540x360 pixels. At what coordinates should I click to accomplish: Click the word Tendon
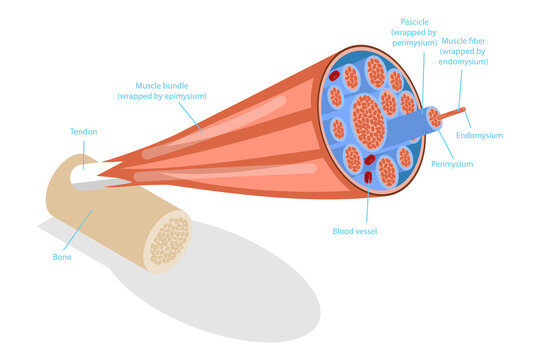(x=83, y=131)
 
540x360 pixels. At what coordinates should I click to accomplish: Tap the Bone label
(x=62, y=256)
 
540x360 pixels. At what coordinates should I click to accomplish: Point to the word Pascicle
(x=414, y=21)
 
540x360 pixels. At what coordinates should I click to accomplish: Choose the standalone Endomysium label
(x=479, y=134)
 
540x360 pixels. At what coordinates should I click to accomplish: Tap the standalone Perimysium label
(x=452, y=163)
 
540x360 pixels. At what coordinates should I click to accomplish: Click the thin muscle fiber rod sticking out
(x=459, y=111)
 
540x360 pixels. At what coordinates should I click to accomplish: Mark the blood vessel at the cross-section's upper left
(x=333, y=76)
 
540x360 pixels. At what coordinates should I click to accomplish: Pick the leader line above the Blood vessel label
(x=367, y=205)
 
